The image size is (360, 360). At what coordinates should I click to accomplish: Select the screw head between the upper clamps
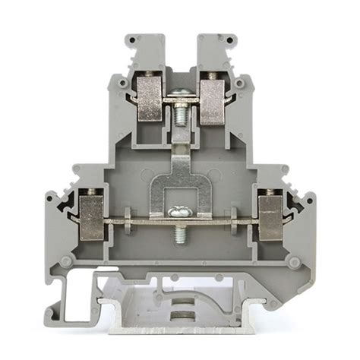click(180, 93)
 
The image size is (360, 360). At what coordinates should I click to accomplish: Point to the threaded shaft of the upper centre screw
click(180, 113)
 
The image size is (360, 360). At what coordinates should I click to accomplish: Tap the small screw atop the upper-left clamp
click(150, 72)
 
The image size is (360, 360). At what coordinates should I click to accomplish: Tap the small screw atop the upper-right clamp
click(211, 72)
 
